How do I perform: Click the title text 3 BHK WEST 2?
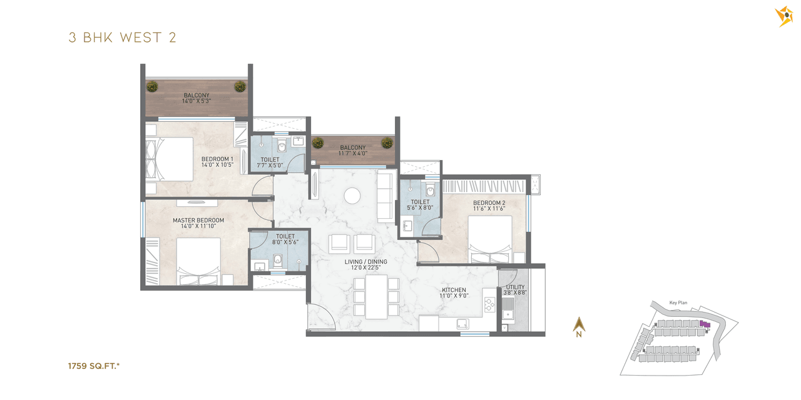(x=122, y=37)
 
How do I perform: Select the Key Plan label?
(x=678, y=302)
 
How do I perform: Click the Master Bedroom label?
(x=198, y=221)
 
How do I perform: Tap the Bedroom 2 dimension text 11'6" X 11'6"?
(x=489, y=209)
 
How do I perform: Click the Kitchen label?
(x=454, y=290)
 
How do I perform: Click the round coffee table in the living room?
(x=352, y=196)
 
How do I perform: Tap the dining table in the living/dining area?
(x=376, y=297)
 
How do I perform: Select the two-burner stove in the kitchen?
(x=489, y=306)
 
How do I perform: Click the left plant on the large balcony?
(x=152, y=86)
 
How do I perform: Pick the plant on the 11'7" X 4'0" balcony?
(x=318, y=142)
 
